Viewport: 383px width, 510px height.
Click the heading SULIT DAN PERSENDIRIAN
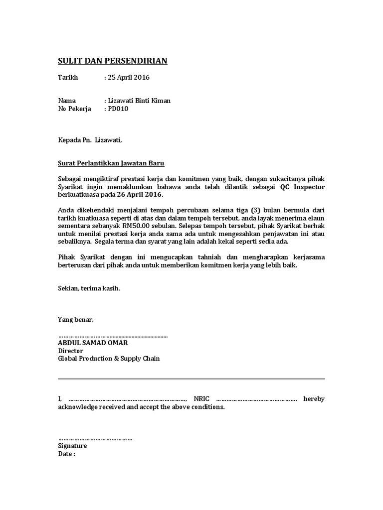(x=113, y=61)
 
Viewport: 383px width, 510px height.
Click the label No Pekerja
(x=74, y=109)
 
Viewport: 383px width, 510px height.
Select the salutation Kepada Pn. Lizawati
(x=90, y=140)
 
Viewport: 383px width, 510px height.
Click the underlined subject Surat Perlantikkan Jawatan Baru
(x=111, y=163)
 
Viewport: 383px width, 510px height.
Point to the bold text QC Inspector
(x=302, y=186)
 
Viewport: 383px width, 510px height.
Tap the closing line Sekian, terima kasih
(x=89, y=288)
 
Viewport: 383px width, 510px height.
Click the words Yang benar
(x=76, y=319)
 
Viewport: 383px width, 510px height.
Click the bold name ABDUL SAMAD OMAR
(x=93, y=343)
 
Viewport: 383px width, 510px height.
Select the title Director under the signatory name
(x=71, y=351)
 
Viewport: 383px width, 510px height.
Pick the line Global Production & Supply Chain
(x=109, y=359)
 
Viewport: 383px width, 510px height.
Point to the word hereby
(x=314, y=399)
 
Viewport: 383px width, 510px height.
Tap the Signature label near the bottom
(x=72, y=446)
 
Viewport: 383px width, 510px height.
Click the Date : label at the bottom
(x=67, y=454)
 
